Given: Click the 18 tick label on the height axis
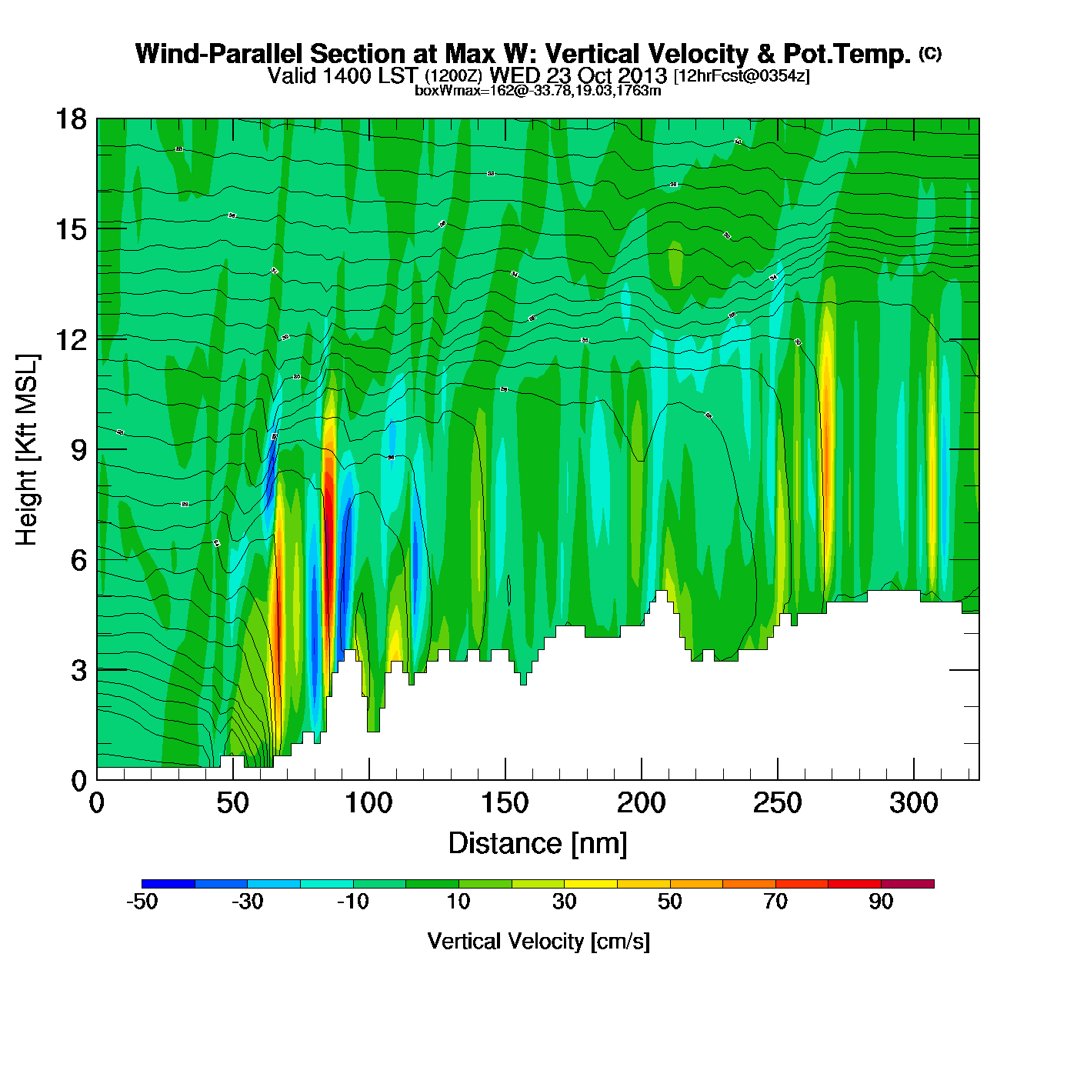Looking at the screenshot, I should tap(70, 119).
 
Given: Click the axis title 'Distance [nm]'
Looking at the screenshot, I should tap(538, 844).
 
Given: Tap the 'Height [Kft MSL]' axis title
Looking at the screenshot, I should tap(27, 450).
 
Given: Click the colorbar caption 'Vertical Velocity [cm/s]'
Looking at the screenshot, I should tap(538, 941).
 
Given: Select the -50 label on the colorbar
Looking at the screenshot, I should tap(142, 902).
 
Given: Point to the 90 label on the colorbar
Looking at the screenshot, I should tap(881, 902).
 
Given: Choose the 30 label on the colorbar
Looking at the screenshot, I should tap(564, 902).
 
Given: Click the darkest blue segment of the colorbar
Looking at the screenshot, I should tap(168, 884).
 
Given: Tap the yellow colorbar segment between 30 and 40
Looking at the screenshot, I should tap(590, 884).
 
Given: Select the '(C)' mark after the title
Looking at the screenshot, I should tap(930, 53).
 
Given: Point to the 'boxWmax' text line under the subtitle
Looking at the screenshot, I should tap(538, 90).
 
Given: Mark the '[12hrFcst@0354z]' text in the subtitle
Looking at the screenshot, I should tap(742, 76).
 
